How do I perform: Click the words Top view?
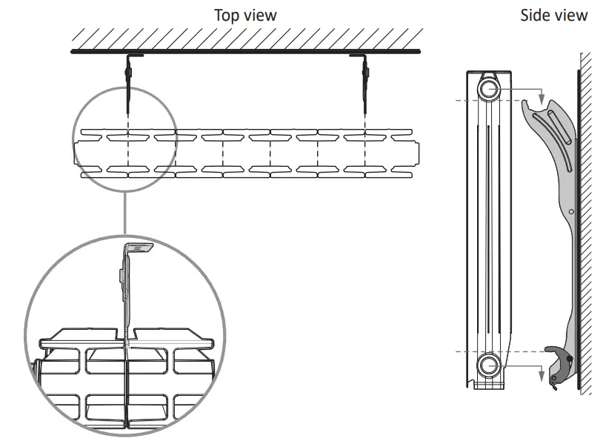[x=245, y=15]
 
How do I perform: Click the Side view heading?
[x=553, y=15]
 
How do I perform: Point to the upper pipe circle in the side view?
[x=489, y=90]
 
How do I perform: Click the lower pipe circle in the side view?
[x=489, y=365]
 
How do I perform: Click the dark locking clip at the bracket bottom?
[x=560, y=356]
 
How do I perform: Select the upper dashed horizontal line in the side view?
[x=459, y=99]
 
